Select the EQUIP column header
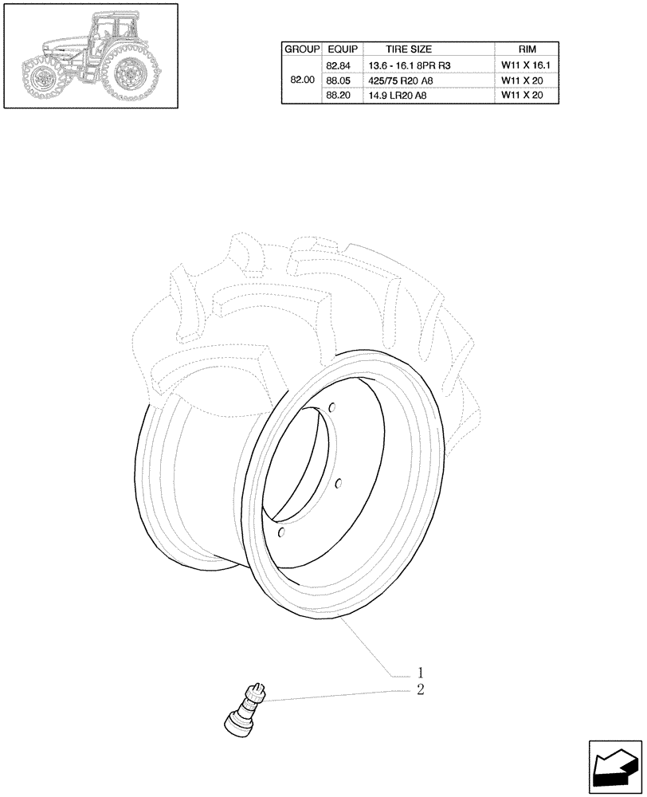click(x=341, y=49)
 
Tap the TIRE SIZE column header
click(x=408, y=49)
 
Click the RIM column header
click(x=526, y=49)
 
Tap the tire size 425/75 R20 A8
click(x=405, y=80)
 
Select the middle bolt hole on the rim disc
click(x=339, y=483)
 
